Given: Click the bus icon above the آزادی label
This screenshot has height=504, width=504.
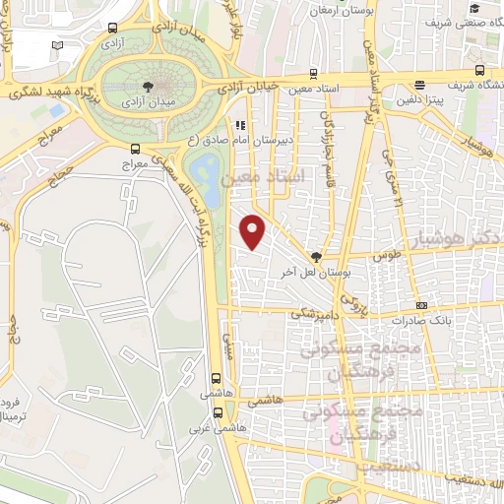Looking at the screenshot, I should tap(113, 29).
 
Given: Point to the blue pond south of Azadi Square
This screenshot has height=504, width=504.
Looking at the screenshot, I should tap(207, 172).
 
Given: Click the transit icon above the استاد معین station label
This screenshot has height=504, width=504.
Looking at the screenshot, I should tap(313, 72).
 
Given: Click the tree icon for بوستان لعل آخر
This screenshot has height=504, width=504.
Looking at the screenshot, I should tap(316, 255).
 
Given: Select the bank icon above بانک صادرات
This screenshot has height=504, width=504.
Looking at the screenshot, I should tap(421, 305).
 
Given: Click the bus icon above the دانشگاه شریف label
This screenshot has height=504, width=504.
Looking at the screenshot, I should tap(478, 69).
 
